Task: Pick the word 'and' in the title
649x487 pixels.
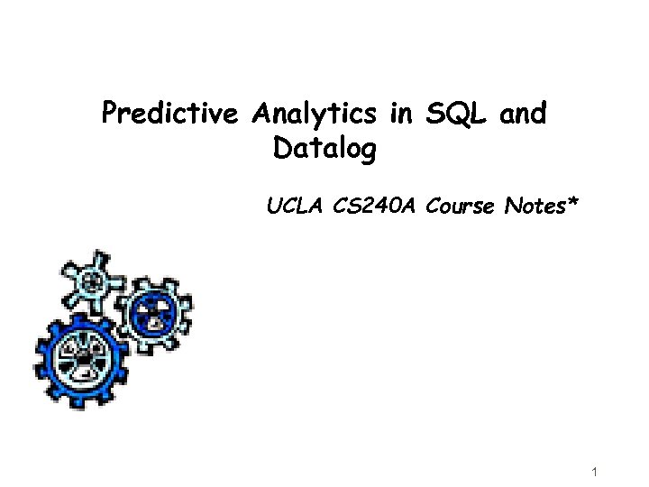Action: [522, 115]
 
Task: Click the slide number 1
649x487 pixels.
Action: [597, 473]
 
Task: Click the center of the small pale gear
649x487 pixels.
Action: [93, 281]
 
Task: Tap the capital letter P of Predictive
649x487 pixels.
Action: [109, 115]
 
